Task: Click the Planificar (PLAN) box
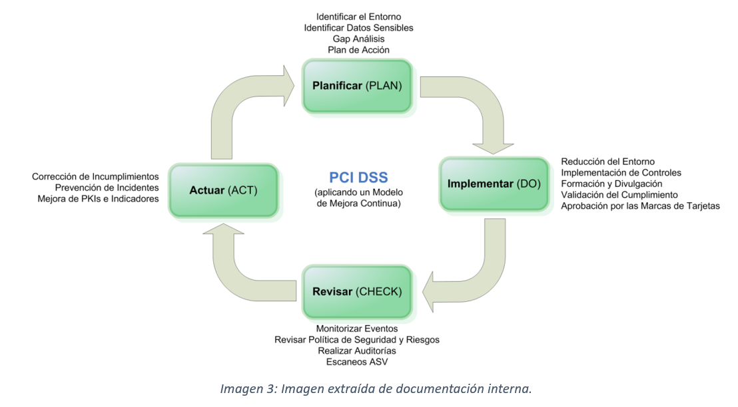[357, 86]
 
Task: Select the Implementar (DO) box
[494, 184]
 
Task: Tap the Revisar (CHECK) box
[357, 292]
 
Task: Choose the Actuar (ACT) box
[223, 191]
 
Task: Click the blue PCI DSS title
[358, 178]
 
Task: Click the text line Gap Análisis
[358, 39]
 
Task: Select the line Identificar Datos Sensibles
[358, 27]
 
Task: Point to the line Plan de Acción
[358, 50]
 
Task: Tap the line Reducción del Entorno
[607, 162]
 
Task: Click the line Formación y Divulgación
[611, 184]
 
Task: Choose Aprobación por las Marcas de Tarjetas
[640, 206]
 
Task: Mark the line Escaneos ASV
[356, 362]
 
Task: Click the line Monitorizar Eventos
[356, 329]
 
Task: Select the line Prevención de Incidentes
[107, 188]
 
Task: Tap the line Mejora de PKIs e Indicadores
[98, 199]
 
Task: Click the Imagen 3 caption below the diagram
[376, 389]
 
